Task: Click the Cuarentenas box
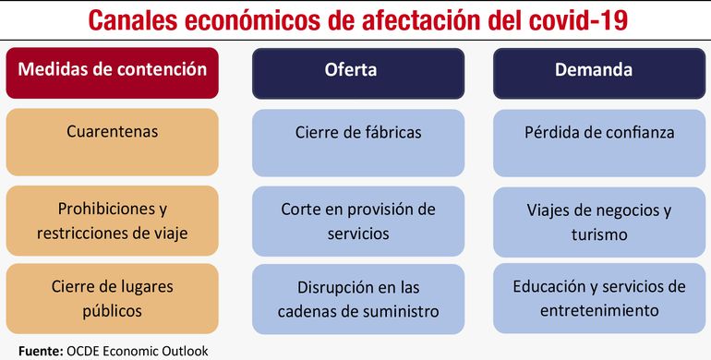pyautogui.click(x=113, y=133)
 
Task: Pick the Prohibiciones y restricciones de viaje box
pyautogui.click(x=113, y=222)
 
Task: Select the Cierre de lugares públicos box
pyautogui.click(x=113, y=298)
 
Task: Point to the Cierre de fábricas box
pyautogui.click(x=358, y=133)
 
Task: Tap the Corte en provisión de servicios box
pyautogui.click(x=358, y=222)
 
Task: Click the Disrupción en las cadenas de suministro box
pyautogui.click(x=358, y=298)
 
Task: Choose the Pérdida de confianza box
pyautogui.click(x=599, y=133)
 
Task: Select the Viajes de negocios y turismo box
pyautogui.click(x=599, y=222)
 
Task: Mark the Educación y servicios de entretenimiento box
pyautogui.click(x=599, y=298)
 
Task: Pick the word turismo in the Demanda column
pyautogui.click(x=599, y=234)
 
